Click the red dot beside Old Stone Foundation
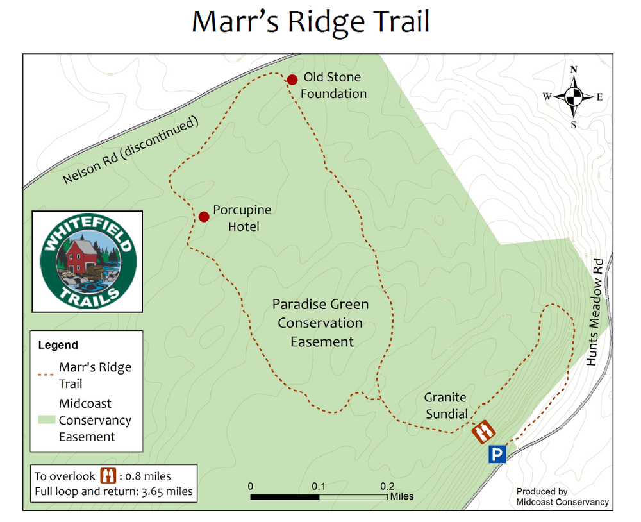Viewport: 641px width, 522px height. coord(292,80)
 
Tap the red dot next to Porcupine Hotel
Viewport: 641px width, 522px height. coord(204,217)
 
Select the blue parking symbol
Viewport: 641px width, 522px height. coord(497,455)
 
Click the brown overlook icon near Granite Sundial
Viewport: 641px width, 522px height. coord(482,432)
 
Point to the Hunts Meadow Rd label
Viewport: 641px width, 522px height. coord(597,312)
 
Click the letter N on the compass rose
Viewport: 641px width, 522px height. coord(574,70)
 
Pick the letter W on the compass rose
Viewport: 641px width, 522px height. coord(547,97)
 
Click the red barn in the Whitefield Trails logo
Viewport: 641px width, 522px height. coord(79,256)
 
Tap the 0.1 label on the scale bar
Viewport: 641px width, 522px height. coord(319,485)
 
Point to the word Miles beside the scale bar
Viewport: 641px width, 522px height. coord(402,496)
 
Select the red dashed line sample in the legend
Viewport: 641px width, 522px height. coord(45,375)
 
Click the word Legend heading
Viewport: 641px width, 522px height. coord(58,345)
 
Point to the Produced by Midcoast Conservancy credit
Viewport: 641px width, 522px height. coord(562,497)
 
